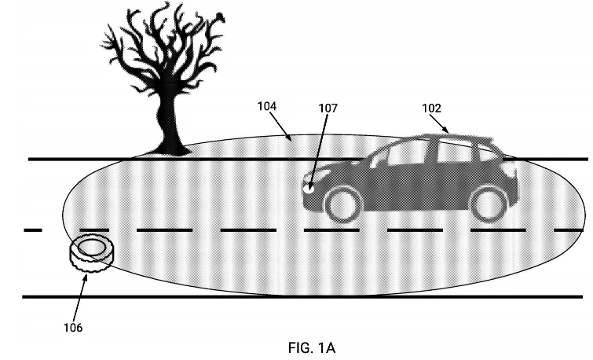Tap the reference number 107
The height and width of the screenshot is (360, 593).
(x=328, y=108)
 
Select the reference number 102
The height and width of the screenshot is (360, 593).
(x=431, y=108)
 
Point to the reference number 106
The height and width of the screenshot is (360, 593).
(x=73, y=326)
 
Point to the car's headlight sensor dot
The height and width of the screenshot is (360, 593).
(x=309, y=188)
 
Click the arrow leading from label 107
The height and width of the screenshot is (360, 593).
(x=318, y=149)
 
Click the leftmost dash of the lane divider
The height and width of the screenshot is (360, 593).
(x=32, y=230)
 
